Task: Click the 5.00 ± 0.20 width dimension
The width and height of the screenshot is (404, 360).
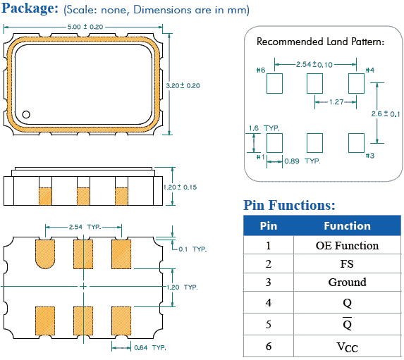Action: coord(85,27)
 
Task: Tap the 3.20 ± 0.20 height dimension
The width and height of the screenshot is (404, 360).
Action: coord(183,85)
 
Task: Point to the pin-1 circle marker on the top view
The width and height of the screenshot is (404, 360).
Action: coord(26,114)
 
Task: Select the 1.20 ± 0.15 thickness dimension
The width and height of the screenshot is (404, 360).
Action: coord(180,187)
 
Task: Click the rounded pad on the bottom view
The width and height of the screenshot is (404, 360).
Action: coord(45,254)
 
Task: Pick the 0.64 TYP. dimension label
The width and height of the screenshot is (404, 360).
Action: coord(150,347)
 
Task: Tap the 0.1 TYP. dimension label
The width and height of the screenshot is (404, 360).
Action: coord(192,249)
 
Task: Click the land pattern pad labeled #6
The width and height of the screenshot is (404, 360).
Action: coord(274,83)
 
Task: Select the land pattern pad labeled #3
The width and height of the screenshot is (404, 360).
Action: coord(356,143)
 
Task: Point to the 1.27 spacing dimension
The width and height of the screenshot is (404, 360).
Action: coord(336,102)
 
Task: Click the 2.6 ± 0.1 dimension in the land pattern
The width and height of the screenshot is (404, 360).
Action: coord(386,113)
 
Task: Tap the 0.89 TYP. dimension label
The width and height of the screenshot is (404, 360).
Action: coord(302,161)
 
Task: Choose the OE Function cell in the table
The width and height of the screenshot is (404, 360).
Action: coord(348,245)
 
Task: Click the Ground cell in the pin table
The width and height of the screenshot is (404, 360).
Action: coord(348,283)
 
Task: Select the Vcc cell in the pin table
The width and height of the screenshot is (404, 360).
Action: coord(348,347)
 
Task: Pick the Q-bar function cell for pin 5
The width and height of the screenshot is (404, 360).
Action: coord(348,324)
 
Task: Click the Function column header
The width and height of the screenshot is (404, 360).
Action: coord(348,226)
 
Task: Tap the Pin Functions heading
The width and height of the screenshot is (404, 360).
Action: coord(289,205)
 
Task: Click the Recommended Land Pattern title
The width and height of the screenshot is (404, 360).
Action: coord(320,42)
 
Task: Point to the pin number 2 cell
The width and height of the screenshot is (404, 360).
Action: coord(269,264)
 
